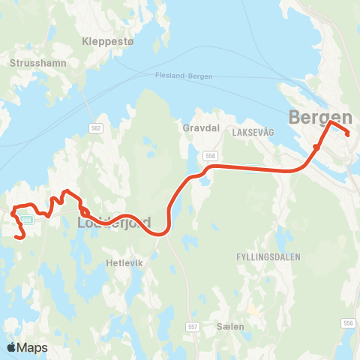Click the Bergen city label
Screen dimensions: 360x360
point(320,117)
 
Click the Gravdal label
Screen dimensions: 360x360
point(200,128)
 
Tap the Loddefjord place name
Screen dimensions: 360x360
point(114,223)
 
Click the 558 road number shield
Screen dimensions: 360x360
point(210,154)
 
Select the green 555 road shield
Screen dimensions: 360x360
point(26,220)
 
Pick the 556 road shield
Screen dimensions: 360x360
point(347,323)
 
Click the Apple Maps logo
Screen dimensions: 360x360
point(26,347)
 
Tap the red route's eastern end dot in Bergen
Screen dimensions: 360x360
point(347,133)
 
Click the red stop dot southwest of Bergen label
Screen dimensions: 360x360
point(316,147)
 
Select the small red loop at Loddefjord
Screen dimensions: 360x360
point(84,211)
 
